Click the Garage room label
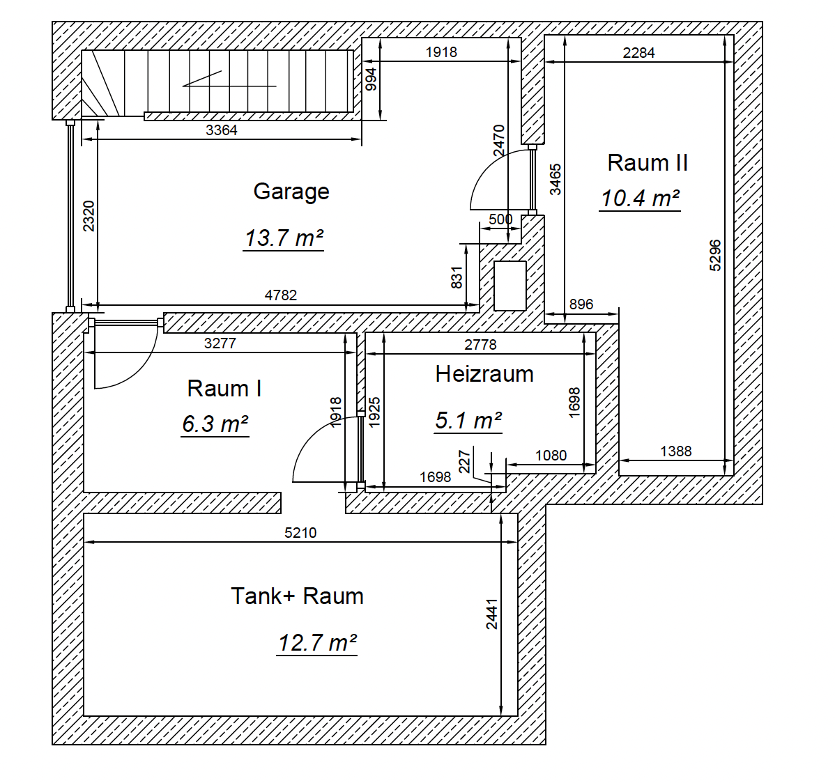pyautogui.click(x=291, y=192)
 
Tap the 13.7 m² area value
pyautogui.click(x=284, y=238)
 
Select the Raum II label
pyautogui.click(x=648, y=162)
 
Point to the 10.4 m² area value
pyautogui.click(x=640, y=199)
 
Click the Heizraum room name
pyautogui.click(x=484, y=373)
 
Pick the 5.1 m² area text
pyautogui.click(x=468, y=421)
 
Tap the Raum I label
pyautogui.click(x=224, y=388)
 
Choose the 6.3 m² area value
pyautogui.click(x=215, y=424)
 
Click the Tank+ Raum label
pyautogui.click(x=297, y=596)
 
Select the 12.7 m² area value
pyautogui.click(x=317, y=642)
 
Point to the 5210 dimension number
pyautogui.click(x=300, y=533)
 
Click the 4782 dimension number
pyautogui.click(x=281, y=295)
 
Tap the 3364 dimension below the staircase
pyautogui.click(x=222, y=130)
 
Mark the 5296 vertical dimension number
pyautogui.click(x=715, y=256)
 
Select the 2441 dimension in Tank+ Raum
pyautogui.click(x=491, y=614)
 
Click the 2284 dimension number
pyautogui.click(x=638, y=53)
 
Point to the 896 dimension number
pyautogui.click(x=581, y=304)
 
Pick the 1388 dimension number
pyautogui.click(x=676, y=451)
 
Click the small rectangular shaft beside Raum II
pyautogui.click(x=510, y=286)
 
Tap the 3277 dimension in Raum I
pyautogui.click(x=220, y=343)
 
